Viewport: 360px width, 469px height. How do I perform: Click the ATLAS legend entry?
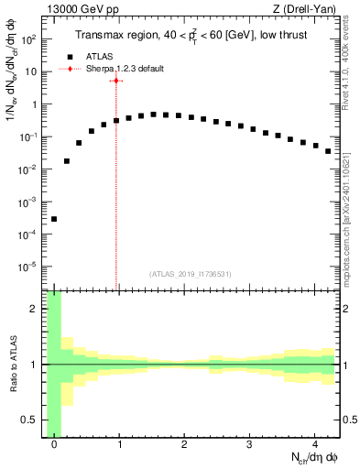(x=101, y=56)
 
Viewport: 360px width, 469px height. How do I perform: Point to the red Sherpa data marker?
(x=116, y=81)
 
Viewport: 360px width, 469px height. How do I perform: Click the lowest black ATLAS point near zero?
(x=54, y=219)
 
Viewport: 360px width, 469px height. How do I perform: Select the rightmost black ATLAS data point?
(x=328, y=151)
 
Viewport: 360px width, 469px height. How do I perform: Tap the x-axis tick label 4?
(x=315, y=444)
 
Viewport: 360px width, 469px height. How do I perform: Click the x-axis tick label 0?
(x=54, y=444)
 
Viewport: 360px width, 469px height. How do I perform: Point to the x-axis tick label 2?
(x=185, y=444)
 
